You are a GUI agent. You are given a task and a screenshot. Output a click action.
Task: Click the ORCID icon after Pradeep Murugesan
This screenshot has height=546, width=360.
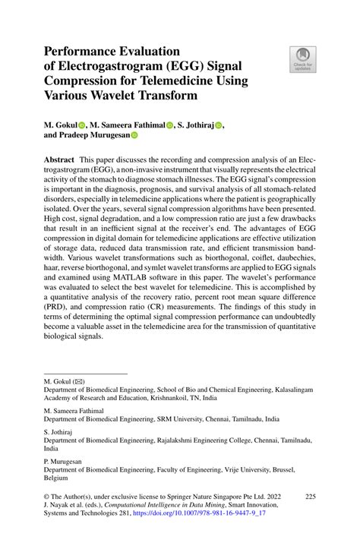135,137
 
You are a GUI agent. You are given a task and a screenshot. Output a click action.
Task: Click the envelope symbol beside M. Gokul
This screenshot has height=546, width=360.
81,379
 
